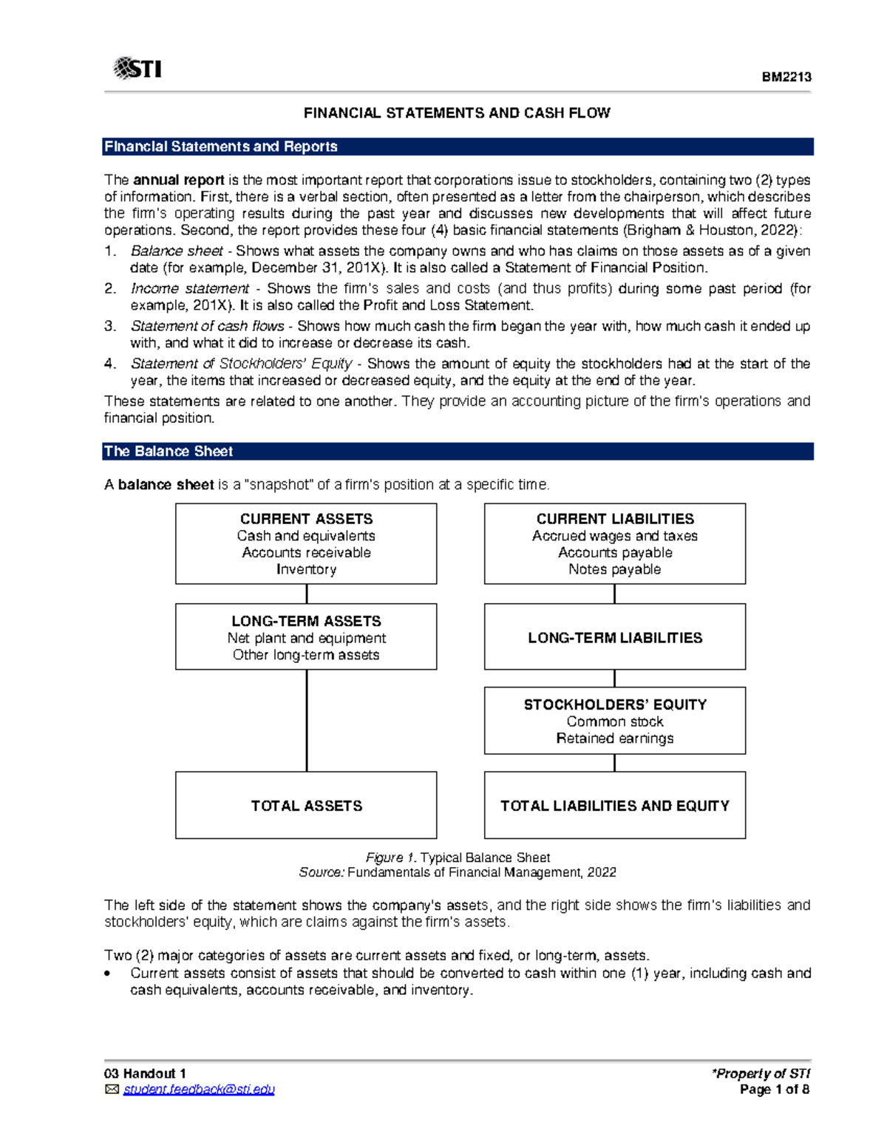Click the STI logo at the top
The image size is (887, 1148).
(x=137, y=69)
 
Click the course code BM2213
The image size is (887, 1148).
(x=786, y=77)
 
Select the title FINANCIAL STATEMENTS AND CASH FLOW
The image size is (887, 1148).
(x=457, y=113)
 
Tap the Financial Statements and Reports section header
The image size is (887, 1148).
(x=221, y=146)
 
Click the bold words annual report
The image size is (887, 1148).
(x=178, y=180)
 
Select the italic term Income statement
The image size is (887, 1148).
(x=189, y=288)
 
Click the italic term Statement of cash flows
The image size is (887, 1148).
(x=207, y=326)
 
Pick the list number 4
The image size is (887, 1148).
(x=109, y=364)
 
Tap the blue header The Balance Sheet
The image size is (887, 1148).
(x=169, y=451)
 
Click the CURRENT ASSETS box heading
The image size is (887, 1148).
(x=306, y=519)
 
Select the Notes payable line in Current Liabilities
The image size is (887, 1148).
(x=614, y=569)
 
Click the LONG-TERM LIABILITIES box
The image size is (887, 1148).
(x=614, y=637)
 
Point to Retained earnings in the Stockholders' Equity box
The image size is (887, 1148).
(x=614, y=738)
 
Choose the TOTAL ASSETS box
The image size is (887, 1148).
(x=306, y=806)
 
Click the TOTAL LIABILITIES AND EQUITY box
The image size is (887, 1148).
(x=614, y=806)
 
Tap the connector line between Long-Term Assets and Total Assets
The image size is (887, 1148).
(x=307, y=721)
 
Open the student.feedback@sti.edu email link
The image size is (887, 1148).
(x=199, y=1090)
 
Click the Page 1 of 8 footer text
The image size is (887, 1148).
(x=774, y=1090)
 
